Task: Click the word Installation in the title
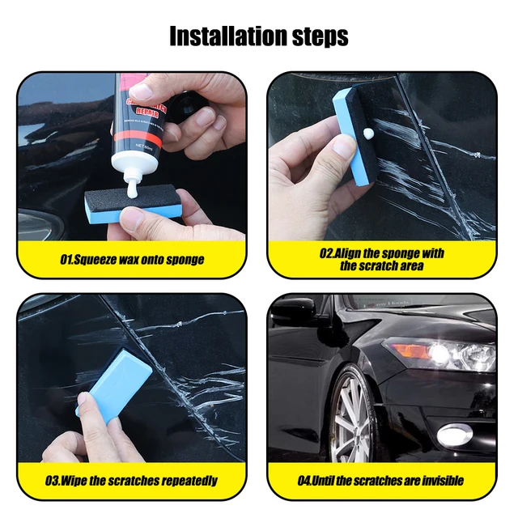(x=227, y=36)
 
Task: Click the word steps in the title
(x=318, y=36)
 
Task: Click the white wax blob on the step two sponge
(x=368, y=131)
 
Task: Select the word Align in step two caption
(x=349, y=253)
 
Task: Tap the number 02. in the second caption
(x=326, y=253)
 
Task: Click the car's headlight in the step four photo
(x=437, y=353)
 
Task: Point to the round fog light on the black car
(x=453, y=435)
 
